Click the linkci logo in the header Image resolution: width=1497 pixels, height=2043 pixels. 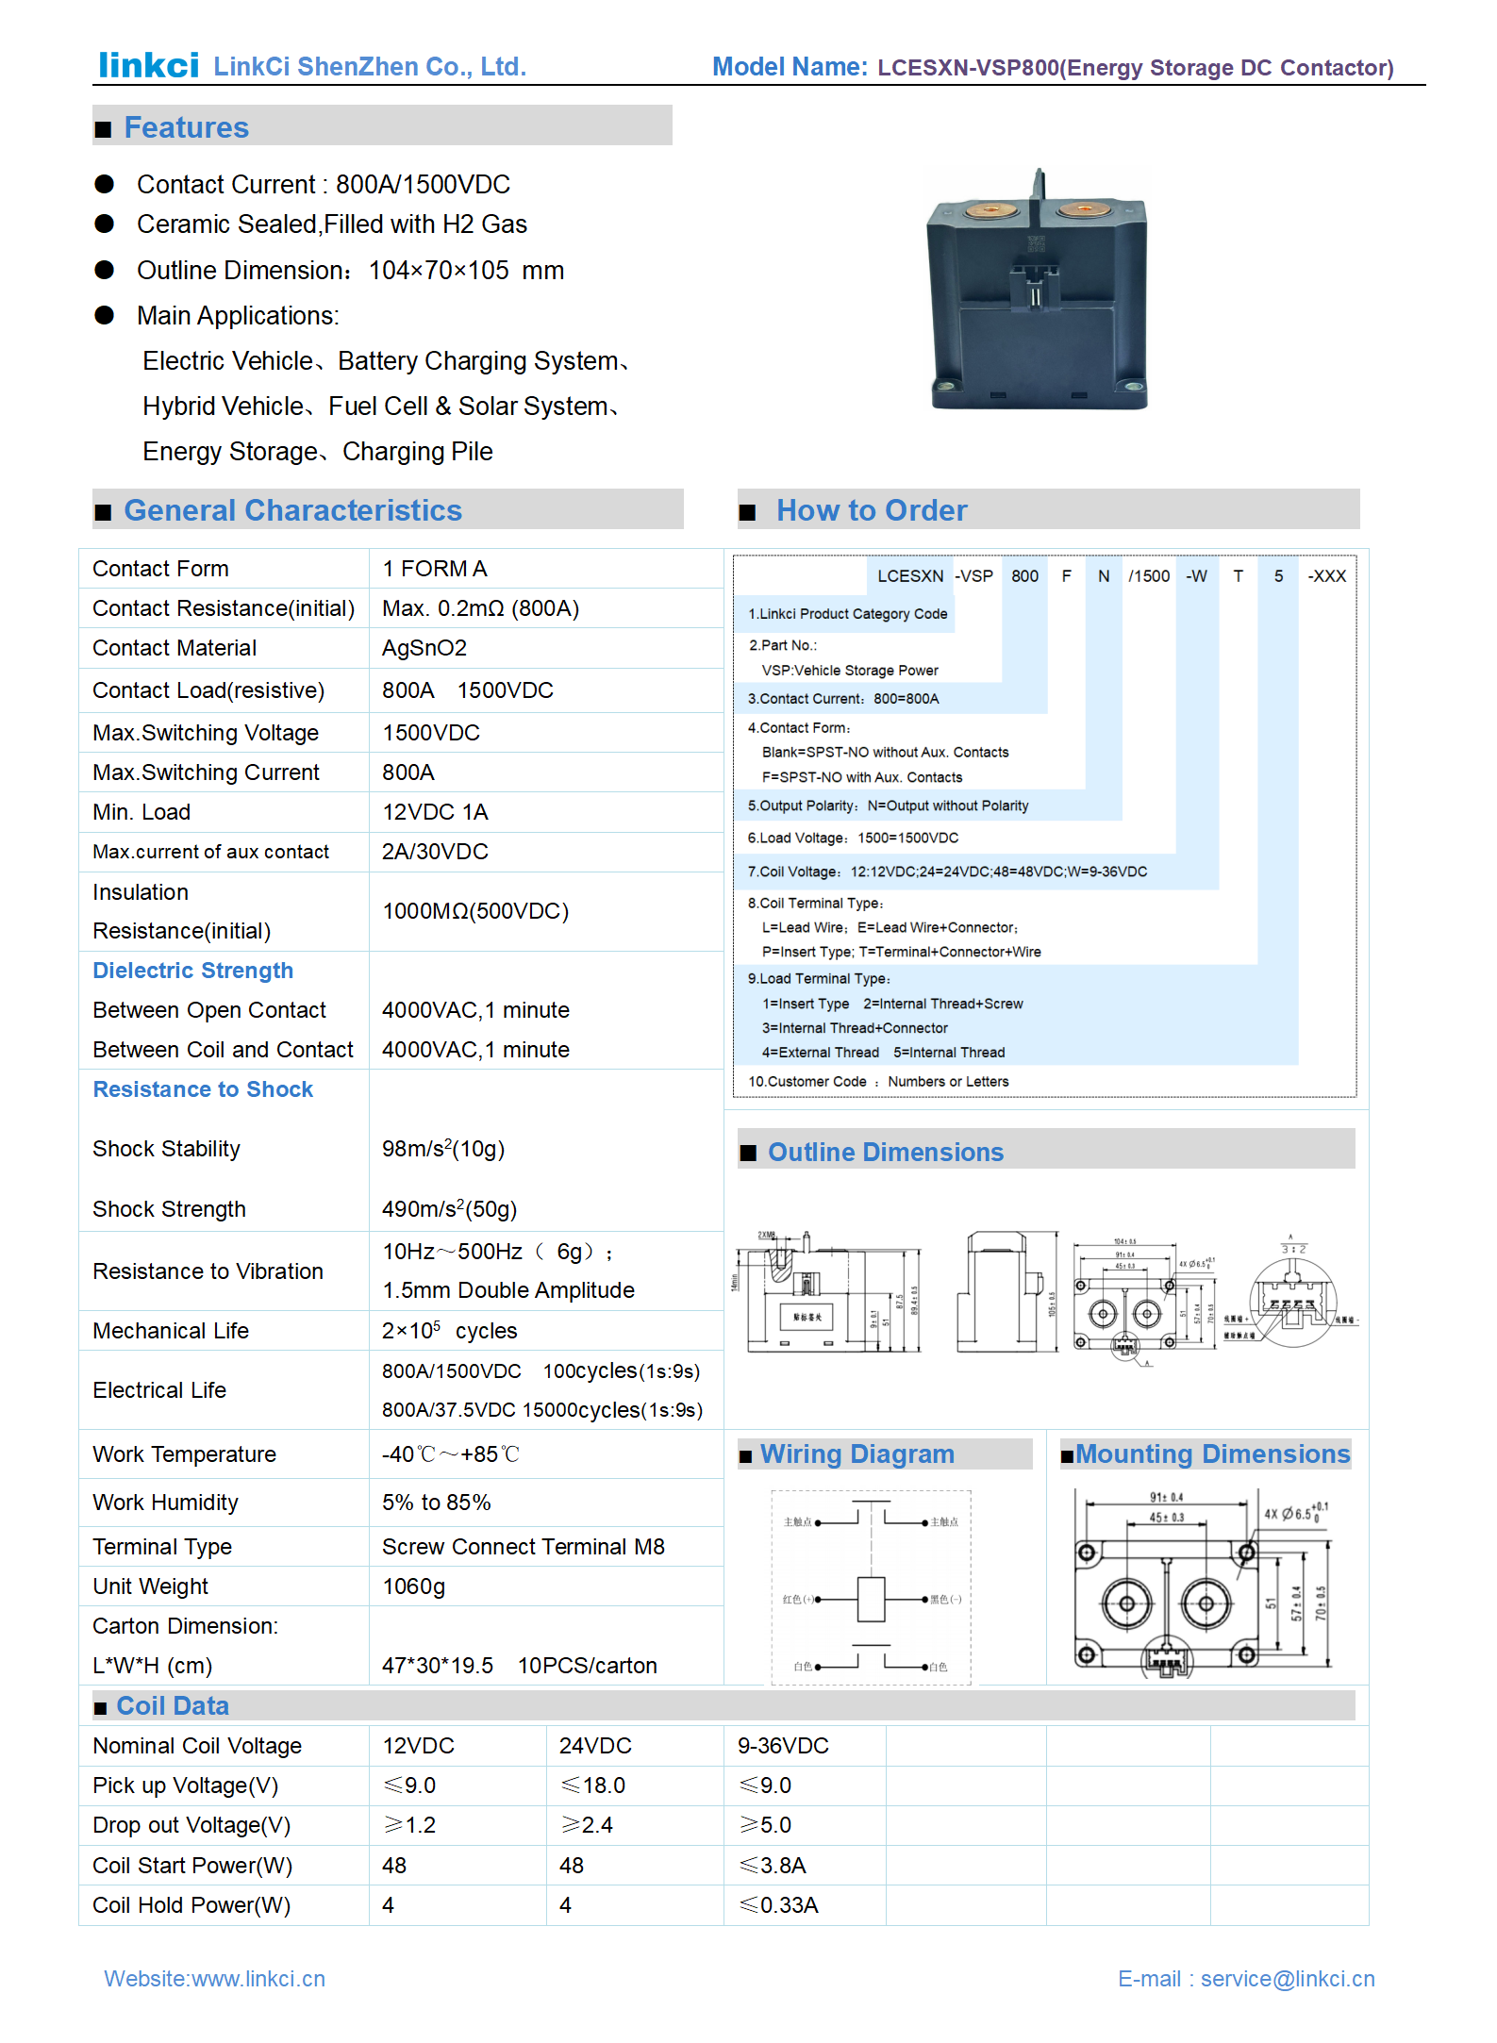tap(148, 65)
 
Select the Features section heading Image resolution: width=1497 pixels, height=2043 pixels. tap(186, 127)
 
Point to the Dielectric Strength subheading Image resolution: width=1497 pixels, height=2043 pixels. tap(192, 971)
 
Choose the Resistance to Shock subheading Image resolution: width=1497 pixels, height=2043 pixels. tap(203, 1089)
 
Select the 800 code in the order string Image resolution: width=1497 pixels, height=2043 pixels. tap(1024, 576)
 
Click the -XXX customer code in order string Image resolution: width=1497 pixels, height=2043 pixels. tap(1325, 576)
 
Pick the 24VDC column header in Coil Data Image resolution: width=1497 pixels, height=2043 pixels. tap(594, 1746)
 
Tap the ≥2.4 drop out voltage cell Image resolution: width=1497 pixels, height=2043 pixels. tap(587, 1825)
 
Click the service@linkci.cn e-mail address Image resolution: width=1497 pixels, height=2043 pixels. tap(1287, 1979)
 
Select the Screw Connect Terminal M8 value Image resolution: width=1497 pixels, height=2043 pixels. tap(523, 1547)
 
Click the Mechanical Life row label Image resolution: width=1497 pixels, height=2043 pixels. tap(171, 1331)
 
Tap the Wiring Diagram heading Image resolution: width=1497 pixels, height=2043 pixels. tap(857, 1454)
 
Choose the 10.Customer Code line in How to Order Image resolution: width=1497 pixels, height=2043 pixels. tap(878, 1082)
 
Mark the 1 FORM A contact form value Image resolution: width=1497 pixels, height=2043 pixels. tap(434, 569)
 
